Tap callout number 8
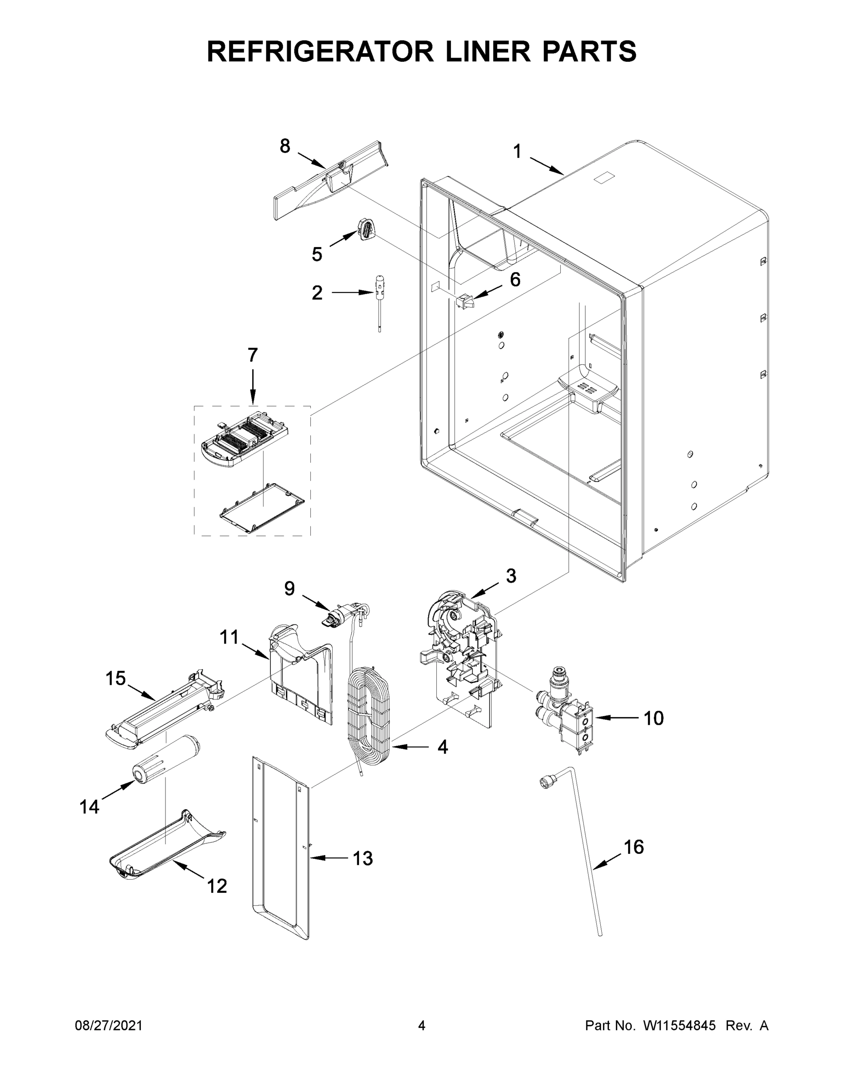[x=284, y=146]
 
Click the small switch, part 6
[x=464, y=301]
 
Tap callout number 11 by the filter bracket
[x=230, y=637]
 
